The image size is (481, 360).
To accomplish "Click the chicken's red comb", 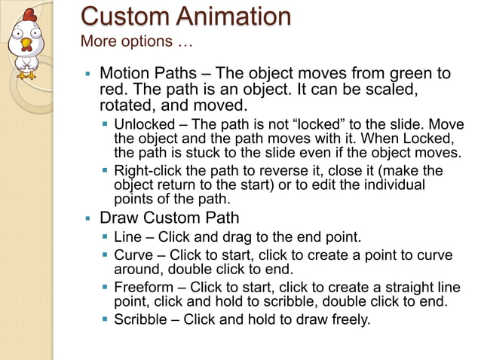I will tap(29, 15).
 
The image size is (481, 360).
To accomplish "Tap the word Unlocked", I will tap(146, 124).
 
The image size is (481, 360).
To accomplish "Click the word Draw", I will tap(118, 218).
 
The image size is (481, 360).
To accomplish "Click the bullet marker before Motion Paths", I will tap(87, 75).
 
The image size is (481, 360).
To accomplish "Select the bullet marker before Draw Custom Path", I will tap(87, 219).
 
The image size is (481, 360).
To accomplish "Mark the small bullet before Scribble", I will tap(105, 319).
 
